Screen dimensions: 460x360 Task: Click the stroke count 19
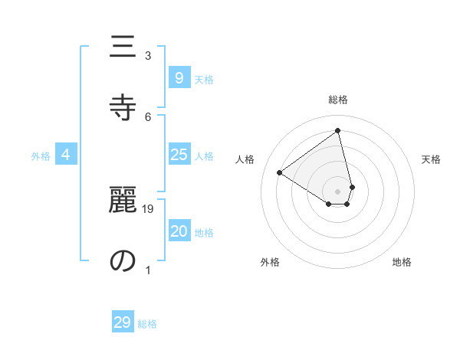coord(148,208)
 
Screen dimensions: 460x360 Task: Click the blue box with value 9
coord(179,78)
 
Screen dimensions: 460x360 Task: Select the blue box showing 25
coord(179,155)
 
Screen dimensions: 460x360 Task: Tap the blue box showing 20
coord(179,232)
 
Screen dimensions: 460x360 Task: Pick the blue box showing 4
coord(66,155)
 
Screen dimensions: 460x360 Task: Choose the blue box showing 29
coord(123,322)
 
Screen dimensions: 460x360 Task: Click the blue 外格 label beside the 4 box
coord(41,156)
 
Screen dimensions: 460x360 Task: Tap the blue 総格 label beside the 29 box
coord(147,324)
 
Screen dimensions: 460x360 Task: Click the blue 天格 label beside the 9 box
coord(204,80)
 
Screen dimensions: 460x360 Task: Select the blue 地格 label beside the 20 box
coord(204,233)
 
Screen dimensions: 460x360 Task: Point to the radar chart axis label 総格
coord(338,100)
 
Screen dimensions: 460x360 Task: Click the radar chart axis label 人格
coord(245,159)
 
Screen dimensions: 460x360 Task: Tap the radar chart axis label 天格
coord(431,159)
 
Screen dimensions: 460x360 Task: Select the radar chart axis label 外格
coord(270,262)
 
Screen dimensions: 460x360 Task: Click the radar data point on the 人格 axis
coord(280,172)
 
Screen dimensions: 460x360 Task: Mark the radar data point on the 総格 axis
coord(338,131)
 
